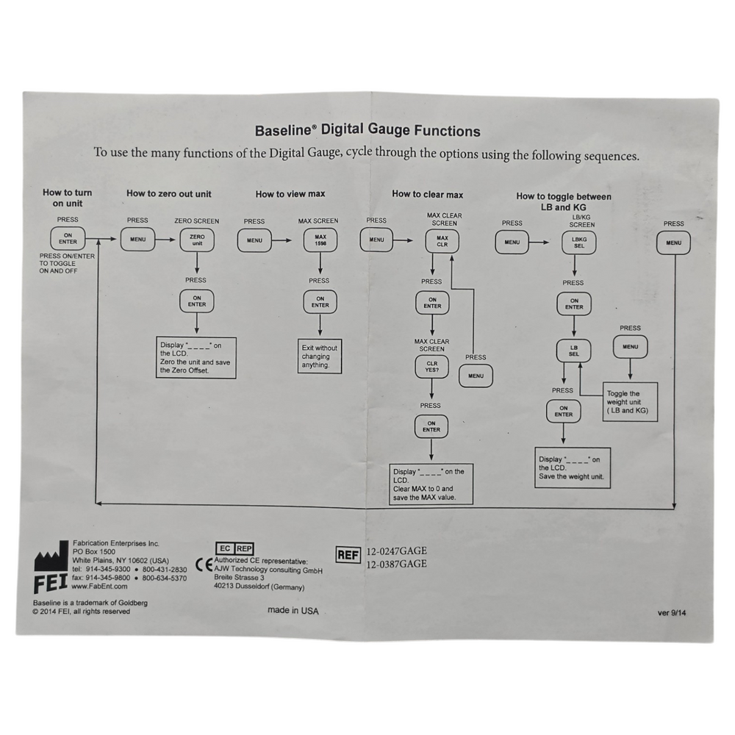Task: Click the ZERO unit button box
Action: (197, 240)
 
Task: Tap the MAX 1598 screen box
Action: (320, 240)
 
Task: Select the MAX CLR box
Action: (442, 241)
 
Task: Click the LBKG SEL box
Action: (579, 243)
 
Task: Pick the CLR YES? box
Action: (431, 367)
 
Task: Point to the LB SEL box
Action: (574, 351)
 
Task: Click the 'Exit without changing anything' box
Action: (320, 356)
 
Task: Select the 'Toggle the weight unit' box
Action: (630, 402)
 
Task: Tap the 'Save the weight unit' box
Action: (573, 467)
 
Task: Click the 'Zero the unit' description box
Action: (196, 358)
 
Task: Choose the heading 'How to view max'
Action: (290, 194)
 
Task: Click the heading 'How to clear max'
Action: (428, 195)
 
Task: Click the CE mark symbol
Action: (204, 565)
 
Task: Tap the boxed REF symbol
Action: (348, 556)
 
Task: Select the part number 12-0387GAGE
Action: (397, 564)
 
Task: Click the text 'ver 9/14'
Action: (672, 613)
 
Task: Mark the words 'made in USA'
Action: (293, 611)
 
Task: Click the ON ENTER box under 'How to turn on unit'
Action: (68, 239)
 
